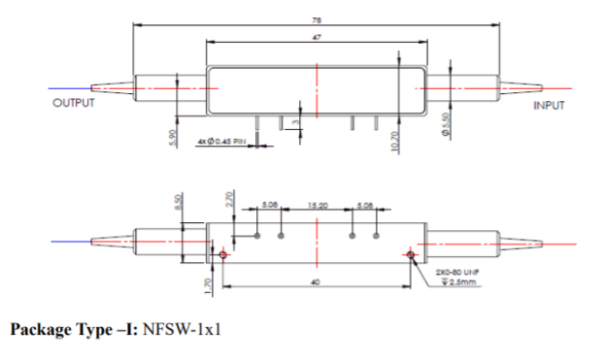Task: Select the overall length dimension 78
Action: coord(317,20)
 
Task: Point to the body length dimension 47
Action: coord(317,38)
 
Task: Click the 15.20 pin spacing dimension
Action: coord(317,206)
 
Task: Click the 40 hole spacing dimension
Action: coord(317,280)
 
